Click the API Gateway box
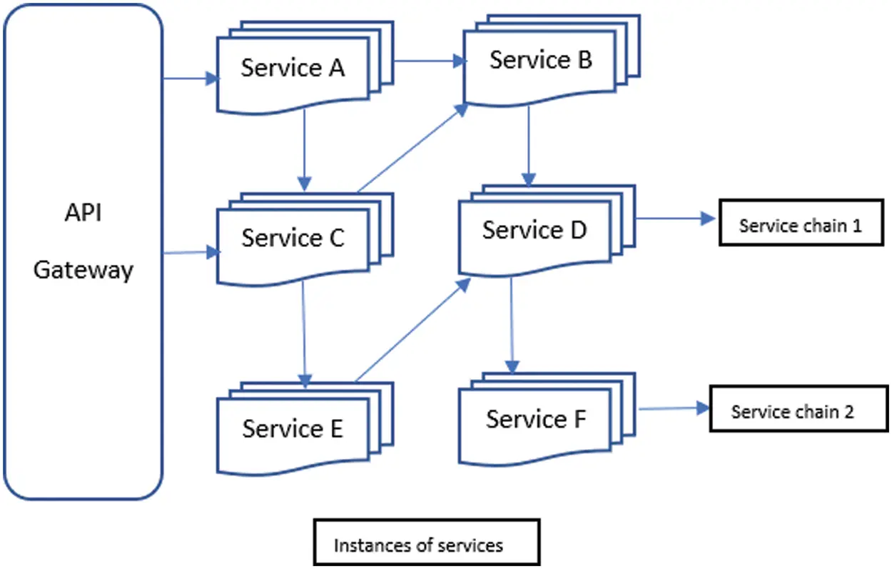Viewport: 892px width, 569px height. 83,250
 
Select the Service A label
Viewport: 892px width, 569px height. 293,68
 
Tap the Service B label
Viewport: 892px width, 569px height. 540,61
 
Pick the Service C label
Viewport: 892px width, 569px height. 293,238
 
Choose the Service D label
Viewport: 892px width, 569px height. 534,230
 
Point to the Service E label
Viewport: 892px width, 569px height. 293,428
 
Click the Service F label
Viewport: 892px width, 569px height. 535,418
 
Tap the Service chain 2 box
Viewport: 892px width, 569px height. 798,412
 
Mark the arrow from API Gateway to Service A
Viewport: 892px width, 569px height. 190,79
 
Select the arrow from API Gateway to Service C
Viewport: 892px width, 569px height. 190,252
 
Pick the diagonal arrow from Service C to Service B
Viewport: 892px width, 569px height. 412,148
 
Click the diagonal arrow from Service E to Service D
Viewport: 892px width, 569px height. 412,330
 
